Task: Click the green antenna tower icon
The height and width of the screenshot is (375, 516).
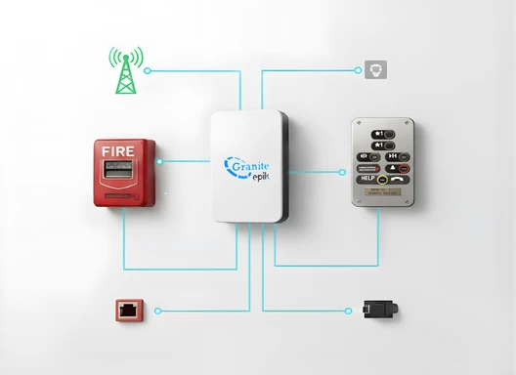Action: point(124,71)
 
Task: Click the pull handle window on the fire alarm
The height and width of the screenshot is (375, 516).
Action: point(121,172)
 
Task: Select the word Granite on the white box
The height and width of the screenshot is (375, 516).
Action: point(251,166)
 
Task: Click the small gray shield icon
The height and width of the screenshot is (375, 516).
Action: point(374,69)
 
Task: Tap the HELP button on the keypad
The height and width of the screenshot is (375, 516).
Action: point(367,180)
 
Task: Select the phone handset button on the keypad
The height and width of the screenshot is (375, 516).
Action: point(402,180)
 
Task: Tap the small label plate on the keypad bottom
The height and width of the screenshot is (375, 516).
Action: point(383,195)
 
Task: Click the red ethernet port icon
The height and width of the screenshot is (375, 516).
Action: point(129,311)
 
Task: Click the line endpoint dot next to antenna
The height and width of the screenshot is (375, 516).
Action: point(148,70)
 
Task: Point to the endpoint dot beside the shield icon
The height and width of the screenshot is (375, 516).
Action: point(358,70)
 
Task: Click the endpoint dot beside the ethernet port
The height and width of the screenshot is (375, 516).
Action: point(158,311)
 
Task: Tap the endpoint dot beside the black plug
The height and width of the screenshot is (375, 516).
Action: point(349,310)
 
